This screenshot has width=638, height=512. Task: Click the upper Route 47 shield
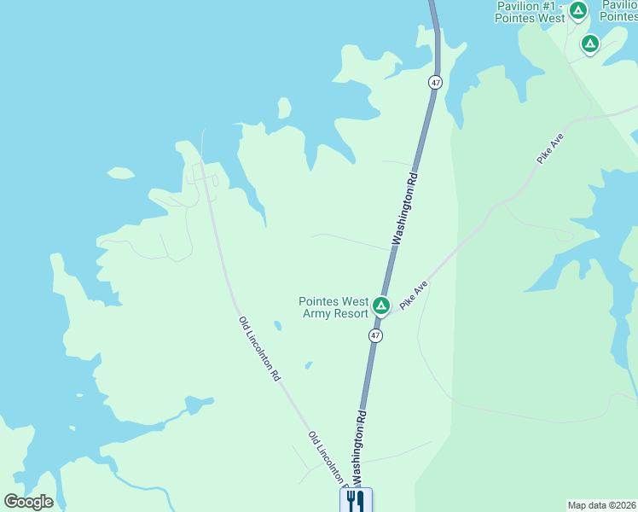[x=436, y=83]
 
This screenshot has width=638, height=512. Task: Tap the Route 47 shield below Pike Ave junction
[x=375, y=336]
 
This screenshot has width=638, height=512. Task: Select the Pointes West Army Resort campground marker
[x=381, y=305]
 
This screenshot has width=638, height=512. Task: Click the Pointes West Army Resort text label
[x=333, y=307]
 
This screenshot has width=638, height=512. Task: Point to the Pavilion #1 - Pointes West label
[x=531, y=12]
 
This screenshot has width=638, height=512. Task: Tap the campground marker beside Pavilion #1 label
[x=578, y=11]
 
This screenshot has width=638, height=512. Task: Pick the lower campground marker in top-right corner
[x=589, y=44]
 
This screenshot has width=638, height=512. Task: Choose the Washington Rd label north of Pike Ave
[x=406, y=207]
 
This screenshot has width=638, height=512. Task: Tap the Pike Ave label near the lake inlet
[x=550, y=148]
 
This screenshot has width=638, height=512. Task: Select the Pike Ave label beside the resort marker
[x=414, y=294]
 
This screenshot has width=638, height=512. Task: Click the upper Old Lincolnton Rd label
[x=259, y=347]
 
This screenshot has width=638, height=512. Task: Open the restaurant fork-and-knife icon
[x=356, y=500]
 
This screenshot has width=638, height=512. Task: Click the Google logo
[x=28, y=502]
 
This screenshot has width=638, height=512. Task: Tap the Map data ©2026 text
[x=601, y=505]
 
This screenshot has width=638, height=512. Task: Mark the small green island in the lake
[x=120, y=173]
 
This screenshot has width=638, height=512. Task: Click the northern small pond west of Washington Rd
[x=277, y=325]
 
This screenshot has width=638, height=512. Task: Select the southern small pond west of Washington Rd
[x=308, y=365]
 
